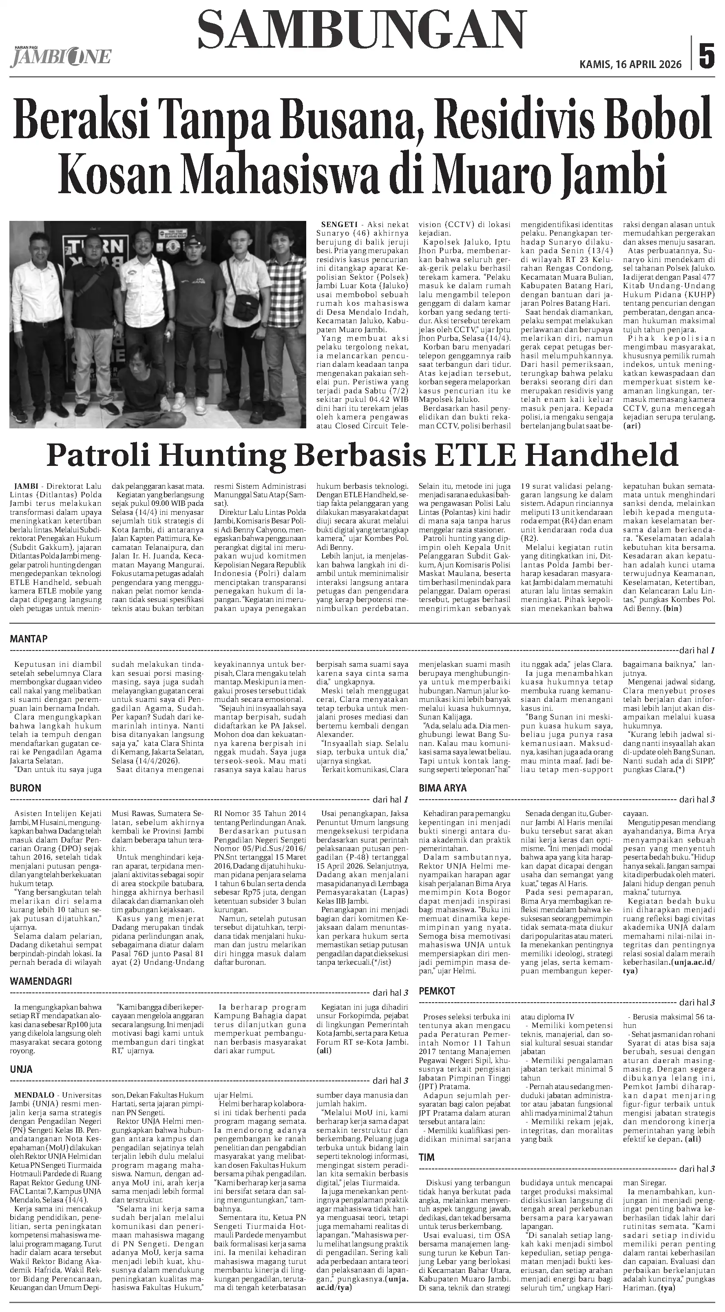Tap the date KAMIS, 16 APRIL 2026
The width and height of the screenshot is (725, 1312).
(630, 65)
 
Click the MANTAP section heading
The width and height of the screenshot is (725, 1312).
(29, 639)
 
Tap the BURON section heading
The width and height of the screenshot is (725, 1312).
(25, 788)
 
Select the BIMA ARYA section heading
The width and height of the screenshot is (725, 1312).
(442, 788)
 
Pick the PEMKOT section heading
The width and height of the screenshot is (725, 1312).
(437, 991)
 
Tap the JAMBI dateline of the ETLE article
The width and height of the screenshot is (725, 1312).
(26, 486)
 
